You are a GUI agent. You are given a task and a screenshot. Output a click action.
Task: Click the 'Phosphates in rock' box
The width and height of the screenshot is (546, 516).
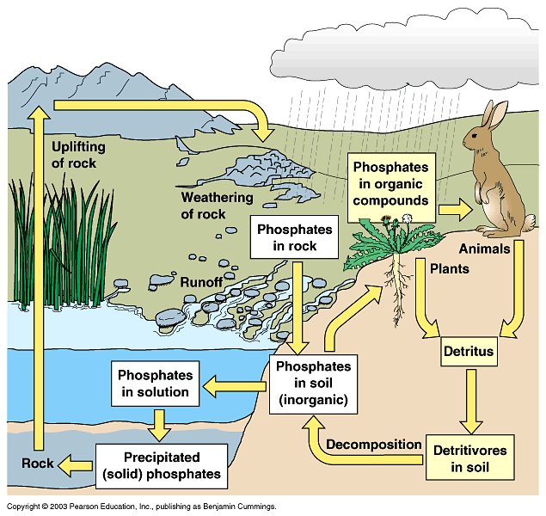coord(293,238)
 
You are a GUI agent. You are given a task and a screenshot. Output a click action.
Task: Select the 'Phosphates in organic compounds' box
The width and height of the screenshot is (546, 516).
coord(391,183)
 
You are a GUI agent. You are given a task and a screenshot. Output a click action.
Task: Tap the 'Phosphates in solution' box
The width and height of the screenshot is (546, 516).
coord(153,384)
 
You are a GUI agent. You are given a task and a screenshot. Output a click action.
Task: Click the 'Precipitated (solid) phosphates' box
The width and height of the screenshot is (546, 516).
coord(161,465)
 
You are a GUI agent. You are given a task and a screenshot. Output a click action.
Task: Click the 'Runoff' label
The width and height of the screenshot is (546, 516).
coord(201,281)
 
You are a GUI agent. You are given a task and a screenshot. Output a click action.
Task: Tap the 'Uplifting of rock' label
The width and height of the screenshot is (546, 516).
coord(73,153)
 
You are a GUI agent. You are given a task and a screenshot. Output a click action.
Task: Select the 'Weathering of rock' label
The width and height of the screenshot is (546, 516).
coord(215,205)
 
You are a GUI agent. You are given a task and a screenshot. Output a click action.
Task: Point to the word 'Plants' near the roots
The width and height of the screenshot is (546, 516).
coord(448,268)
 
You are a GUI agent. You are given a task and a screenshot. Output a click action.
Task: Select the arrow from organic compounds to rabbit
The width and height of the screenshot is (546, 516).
coord(454,209)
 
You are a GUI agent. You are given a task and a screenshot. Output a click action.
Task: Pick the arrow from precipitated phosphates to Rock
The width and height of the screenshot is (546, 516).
coord(77,464)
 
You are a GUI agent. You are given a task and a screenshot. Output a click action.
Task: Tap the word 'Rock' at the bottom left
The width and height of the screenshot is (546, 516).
coord(37,464)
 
